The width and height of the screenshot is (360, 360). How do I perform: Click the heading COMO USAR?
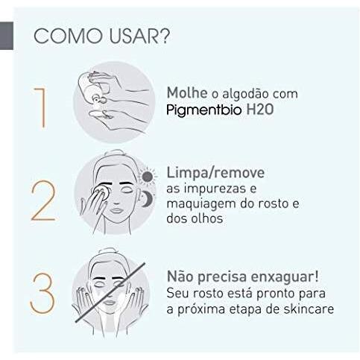click(x=101, y=38)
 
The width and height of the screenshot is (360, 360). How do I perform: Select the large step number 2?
click(x=42, y=199)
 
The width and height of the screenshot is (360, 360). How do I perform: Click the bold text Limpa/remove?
click(x=217, y=173)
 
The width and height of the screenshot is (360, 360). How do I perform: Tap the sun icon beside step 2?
click(x=148, y=176)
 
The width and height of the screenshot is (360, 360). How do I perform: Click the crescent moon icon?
click(x=148, y=199)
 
